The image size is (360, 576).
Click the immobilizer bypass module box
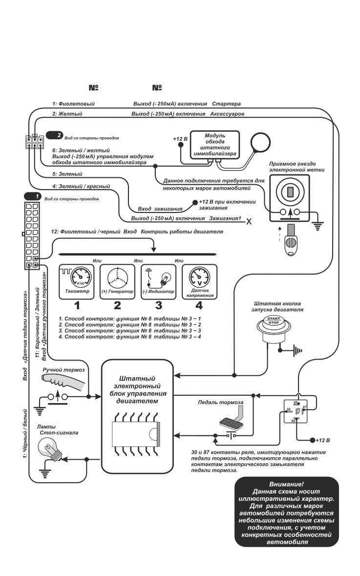click(x=215, y=145)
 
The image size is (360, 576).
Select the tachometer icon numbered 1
click(x=77, y=281)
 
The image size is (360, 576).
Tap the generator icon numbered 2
click(x=118, y=281)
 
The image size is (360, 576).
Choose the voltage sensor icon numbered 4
click(x=199, y=281)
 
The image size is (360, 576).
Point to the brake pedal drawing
click(x=232, y=419)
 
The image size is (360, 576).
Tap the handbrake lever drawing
click(x=65, y=382)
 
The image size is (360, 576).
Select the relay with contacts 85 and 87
click(x=296, y=411)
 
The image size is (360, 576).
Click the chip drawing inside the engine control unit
click(x=137, y=431)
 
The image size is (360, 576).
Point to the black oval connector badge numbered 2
click(x=55, y=135)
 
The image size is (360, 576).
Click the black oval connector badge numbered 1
click(x=32, y=196)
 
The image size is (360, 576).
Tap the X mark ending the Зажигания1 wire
click(x=249, y=221)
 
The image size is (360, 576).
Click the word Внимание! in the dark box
click(x=287, y=484)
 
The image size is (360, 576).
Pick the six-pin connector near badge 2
click(x=34, y=142)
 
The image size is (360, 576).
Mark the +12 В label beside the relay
click(x=323, y=440)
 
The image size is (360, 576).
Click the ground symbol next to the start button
click(x=297, y=351)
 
